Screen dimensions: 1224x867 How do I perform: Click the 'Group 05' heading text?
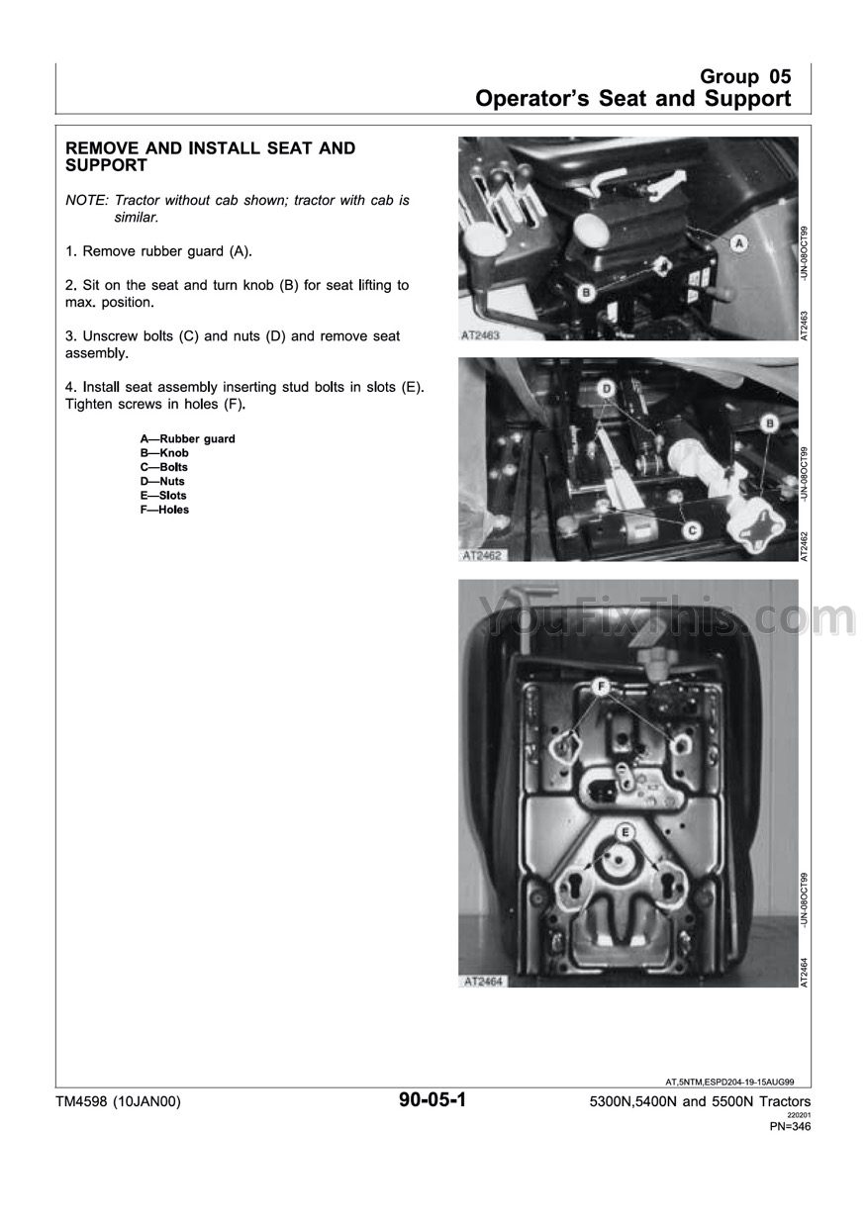pyautogui.click(x=745, y=77)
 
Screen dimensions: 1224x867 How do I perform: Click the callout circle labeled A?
pyautogui.click(x=737, y=242)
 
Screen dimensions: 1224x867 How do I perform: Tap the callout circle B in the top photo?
pyautogui.click(x=586, y=292)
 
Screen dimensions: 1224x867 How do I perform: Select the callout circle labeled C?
pyautogui.click(x=693, y=530)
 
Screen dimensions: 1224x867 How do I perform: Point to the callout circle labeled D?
pyautogui.click(x=608, y=389)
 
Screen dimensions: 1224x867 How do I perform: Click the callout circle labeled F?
pyautogui.click(x=599, y=685)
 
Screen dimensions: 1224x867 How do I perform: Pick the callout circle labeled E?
pyautogui.click(x=626, y=832)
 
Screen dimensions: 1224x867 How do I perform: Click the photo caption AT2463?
pyautogui.click(x=482, y=335)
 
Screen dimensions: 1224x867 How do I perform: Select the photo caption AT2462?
pyautogui.click(x=482, y=556)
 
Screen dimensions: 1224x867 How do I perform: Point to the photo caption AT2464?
pyautogui.click(x=482, y=982)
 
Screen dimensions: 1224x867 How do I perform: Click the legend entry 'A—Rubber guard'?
pyautogui.click(x=188, y=438)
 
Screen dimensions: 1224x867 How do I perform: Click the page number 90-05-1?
pyautogui.click(x=433, y=1100)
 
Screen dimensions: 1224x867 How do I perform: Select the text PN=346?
pyautogui.click(x=790, y=1126)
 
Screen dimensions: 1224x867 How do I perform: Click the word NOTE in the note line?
pyautogui.click(x=85, y=200)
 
